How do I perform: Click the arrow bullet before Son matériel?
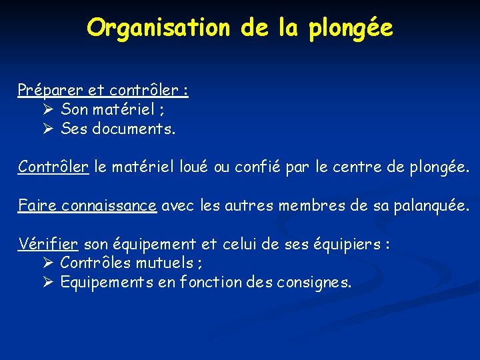(47, 109)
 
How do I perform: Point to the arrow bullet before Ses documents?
(47, 129)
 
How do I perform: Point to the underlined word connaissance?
(109, 205)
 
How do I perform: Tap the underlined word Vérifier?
(49, 244)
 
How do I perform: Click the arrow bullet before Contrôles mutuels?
(47, 263)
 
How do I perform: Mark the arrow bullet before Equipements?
(47, 283)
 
